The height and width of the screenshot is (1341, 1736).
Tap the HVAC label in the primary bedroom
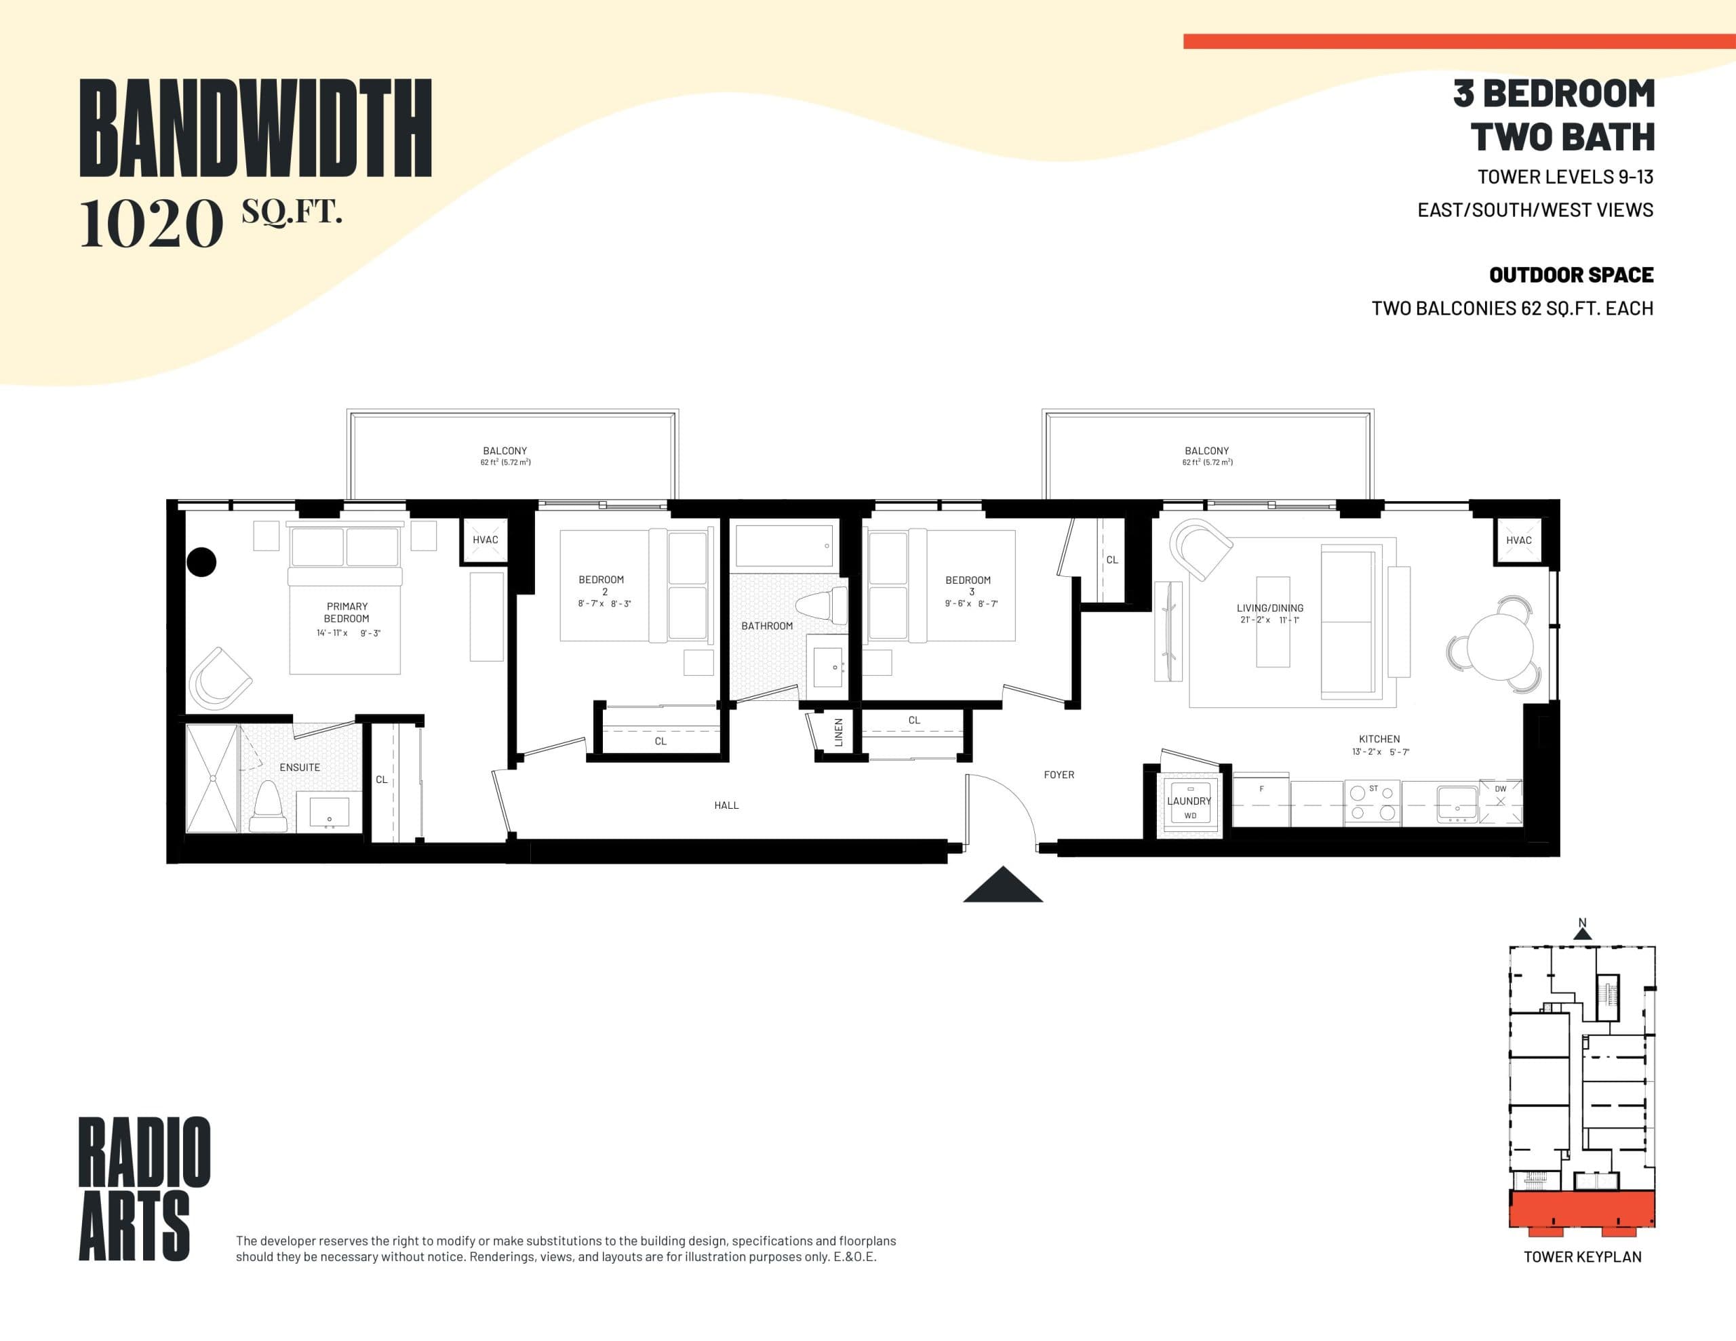pos(485,540)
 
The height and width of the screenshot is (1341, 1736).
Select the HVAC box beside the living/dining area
pos(1518,540)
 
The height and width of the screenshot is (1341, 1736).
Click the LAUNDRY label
pos(1189,801)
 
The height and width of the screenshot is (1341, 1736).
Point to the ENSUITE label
pos(300,767)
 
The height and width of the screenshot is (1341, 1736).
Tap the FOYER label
pos(1059,774)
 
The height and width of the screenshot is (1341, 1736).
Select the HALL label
pos(726,805)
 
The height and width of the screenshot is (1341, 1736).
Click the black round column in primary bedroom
pos(201,562)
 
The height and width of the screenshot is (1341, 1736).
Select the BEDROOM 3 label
pos(968,585)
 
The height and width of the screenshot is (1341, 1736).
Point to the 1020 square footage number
pos(151,224)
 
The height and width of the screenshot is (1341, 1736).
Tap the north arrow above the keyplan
pos(1582,932)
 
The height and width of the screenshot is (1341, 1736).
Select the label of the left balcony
pos(505,451)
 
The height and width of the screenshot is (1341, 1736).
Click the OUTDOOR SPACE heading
pos(1571,275)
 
